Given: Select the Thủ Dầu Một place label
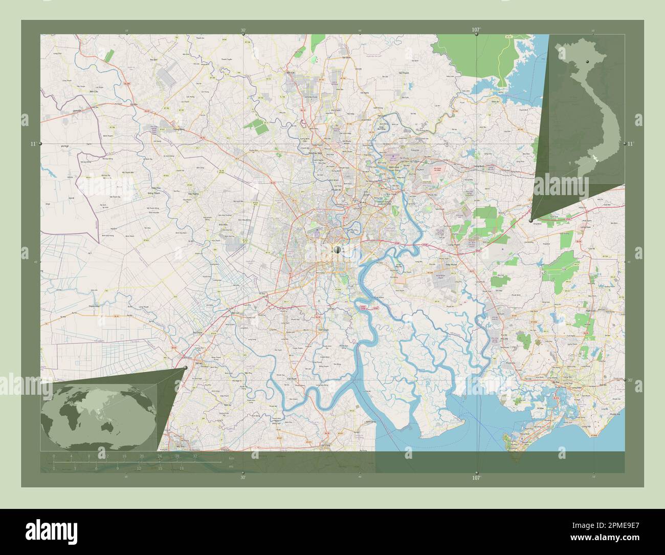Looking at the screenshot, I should click(314, 153).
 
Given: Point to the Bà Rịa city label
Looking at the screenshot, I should click(563, 382).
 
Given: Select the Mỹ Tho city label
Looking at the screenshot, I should click(180, 446).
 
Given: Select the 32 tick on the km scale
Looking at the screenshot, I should click(195, 456).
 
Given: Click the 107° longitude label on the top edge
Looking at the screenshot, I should click(476, 29).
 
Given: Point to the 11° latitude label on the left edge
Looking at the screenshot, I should click(32, 144).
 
